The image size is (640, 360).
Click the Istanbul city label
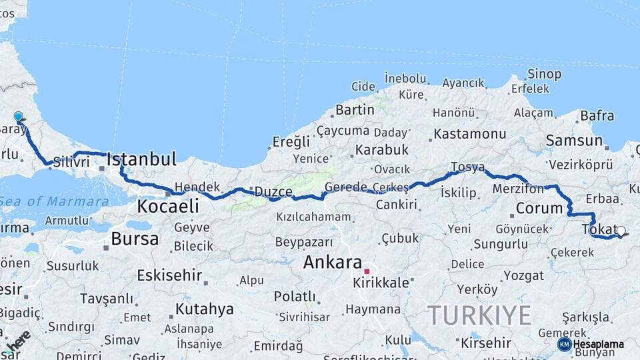pos(141,159)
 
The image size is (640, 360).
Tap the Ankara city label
pos(332,262)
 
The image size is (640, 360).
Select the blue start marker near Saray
pos(18,117)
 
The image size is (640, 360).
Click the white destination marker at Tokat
pos(621,231)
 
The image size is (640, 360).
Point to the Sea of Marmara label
pos(55,201)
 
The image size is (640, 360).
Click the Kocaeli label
pos(168,207)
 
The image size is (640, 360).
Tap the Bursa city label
pos(135,239)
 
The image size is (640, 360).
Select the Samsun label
pos(574,141)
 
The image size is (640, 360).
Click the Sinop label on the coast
pos(544,74)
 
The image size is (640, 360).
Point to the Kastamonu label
pos(470,134)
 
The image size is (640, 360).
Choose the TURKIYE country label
pos(479,315)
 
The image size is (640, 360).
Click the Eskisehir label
pos(169,275)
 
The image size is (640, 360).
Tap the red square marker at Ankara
pos(366,271)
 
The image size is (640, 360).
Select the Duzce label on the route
pos(273,191)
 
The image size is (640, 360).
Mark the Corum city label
pos(539,208)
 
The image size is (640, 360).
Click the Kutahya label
pos(204,309)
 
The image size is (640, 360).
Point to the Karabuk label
pos(381,150)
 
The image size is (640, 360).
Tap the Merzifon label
pos(518,189)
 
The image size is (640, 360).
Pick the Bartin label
pos(355,109)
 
